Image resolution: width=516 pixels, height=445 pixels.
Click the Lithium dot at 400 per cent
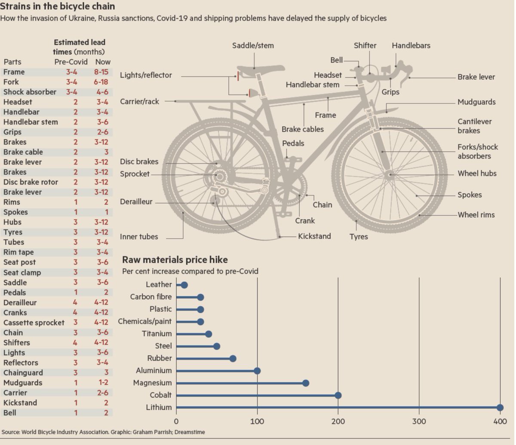point(500,408)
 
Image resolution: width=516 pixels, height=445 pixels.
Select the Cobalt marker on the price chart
point(338,395)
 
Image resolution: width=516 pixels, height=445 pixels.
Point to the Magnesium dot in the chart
point(306,383)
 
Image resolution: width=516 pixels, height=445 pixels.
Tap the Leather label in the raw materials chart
point(159,284)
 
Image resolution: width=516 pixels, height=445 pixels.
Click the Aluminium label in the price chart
point(154,370)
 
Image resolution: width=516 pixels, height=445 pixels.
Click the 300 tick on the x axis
point(419,421)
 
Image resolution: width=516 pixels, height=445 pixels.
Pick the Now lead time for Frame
point(101,72)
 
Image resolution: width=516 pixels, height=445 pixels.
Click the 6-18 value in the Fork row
point(101,82)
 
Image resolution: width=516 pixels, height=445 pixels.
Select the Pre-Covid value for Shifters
point(75,342)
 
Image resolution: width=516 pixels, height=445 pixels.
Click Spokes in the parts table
point(15,212)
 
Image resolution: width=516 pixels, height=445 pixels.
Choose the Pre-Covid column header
point(71,61)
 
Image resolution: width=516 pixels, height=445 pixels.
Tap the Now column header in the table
point(103,61)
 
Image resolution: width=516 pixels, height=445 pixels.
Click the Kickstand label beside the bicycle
point(314,236)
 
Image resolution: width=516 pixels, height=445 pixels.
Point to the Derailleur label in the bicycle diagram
point(136,201)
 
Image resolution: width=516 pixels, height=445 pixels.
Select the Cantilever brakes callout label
point(474,126)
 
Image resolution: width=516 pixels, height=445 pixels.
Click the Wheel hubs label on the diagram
point(477,174)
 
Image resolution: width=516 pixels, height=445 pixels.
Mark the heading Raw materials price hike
point(175,260)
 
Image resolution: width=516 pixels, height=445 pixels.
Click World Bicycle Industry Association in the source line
point(65,432)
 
